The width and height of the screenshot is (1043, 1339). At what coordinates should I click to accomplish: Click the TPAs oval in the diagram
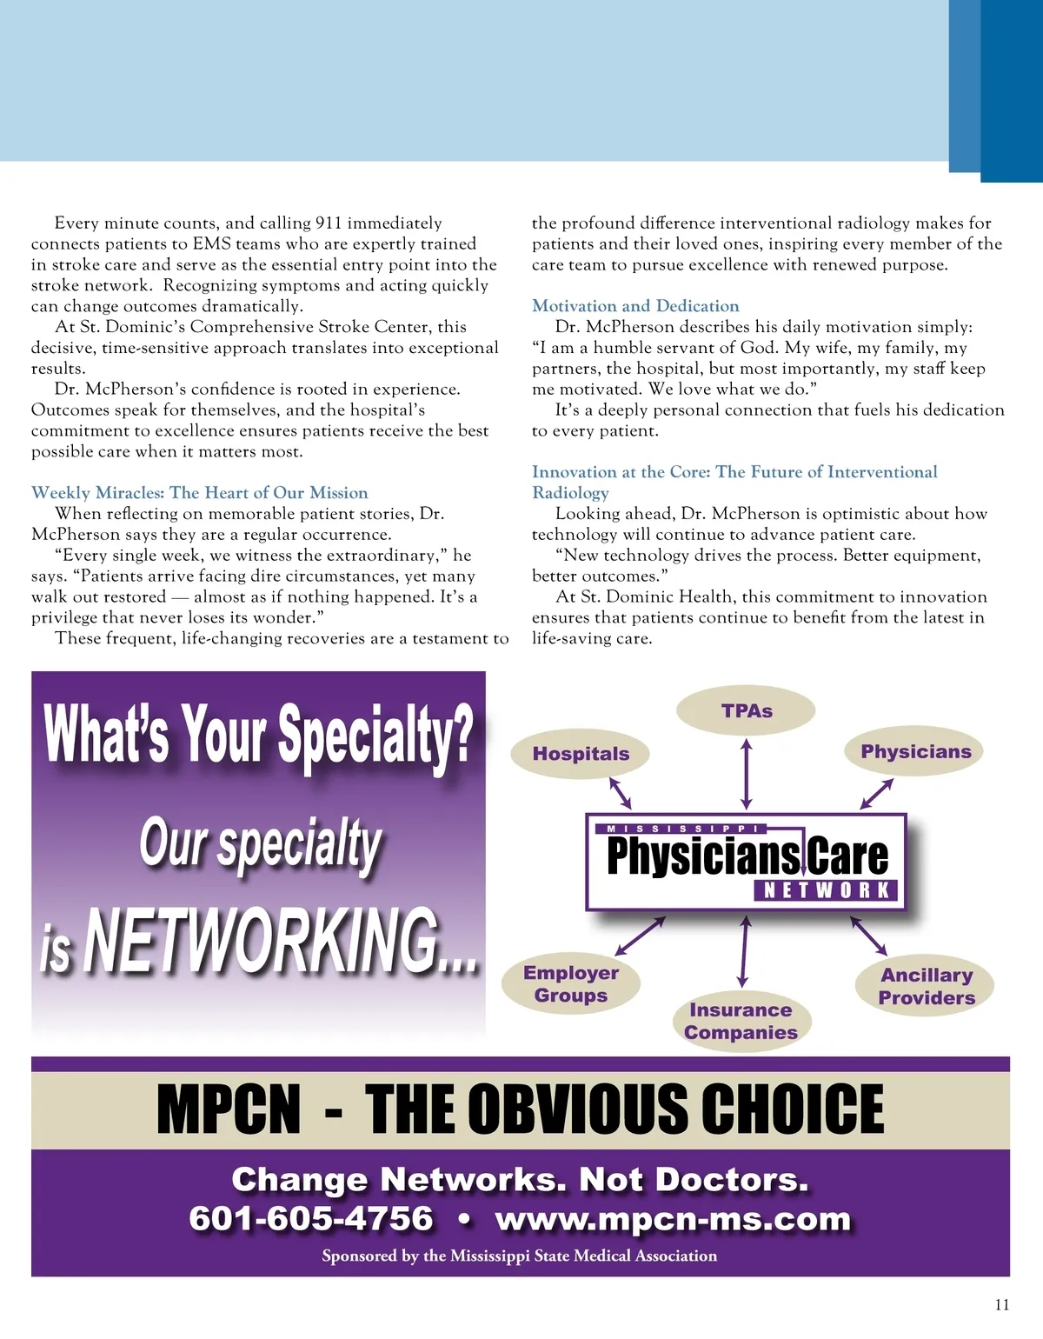746,711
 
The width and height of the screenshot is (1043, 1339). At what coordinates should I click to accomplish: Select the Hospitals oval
581,754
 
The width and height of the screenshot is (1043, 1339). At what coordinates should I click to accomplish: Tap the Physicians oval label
915,752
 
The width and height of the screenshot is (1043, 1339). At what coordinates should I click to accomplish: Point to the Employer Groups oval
571,984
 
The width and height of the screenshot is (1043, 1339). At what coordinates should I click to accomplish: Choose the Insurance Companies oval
741,1022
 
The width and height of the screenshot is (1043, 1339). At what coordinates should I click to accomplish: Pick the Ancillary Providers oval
927,987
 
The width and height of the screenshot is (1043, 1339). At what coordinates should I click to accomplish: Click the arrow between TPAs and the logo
746,774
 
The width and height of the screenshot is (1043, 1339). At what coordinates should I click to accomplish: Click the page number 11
1001,1305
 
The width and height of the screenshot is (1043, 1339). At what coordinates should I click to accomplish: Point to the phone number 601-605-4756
311,1219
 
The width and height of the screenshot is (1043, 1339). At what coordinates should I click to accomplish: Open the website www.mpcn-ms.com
673,1219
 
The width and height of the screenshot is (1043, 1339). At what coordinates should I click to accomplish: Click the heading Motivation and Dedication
635,306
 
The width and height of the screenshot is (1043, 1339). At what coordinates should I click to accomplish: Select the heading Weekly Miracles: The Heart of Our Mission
199,493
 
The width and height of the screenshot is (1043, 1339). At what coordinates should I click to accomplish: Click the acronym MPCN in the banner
229,1109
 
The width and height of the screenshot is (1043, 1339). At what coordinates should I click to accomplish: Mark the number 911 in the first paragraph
329,223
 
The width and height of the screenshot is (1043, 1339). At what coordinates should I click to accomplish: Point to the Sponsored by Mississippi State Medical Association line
519,1256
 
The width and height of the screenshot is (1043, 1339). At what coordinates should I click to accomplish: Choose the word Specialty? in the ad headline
375,735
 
